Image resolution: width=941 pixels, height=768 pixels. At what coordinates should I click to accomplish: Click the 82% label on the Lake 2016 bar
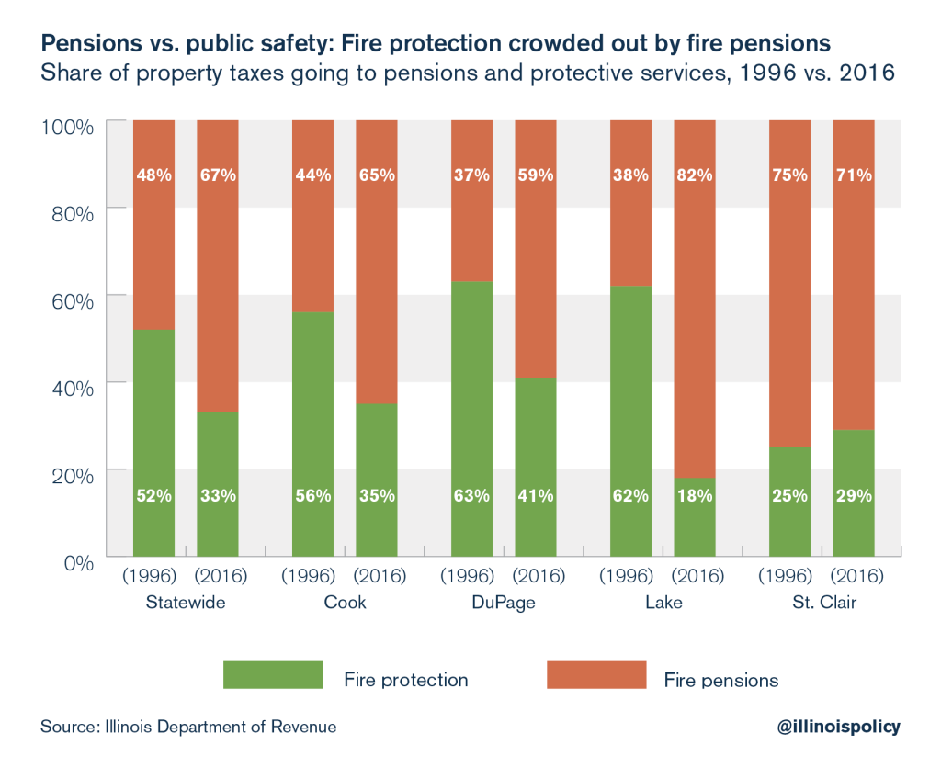695,175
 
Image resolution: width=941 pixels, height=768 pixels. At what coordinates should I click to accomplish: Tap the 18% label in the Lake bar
695,495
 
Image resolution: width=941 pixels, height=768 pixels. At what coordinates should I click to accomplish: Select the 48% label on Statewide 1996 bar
154,175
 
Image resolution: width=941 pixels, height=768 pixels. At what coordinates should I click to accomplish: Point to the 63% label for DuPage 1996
472,495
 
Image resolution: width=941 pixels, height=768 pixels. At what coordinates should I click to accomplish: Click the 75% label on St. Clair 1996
789,175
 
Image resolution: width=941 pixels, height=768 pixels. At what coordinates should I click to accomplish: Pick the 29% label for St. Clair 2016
854,495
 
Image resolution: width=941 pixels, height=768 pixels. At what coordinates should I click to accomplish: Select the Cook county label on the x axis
345,603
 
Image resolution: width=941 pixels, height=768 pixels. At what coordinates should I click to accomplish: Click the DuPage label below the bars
504,603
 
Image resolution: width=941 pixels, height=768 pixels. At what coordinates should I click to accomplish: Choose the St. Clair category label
822,603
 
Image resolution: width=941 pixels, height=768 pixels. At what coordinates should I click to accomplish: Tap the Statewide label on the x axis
186,603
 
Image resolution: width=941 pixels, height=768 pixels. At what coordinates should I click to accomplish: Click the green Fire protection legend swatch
273,674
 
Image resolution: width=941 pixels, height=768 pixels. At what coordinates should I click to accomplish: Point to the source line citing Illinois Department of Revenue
187,727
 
